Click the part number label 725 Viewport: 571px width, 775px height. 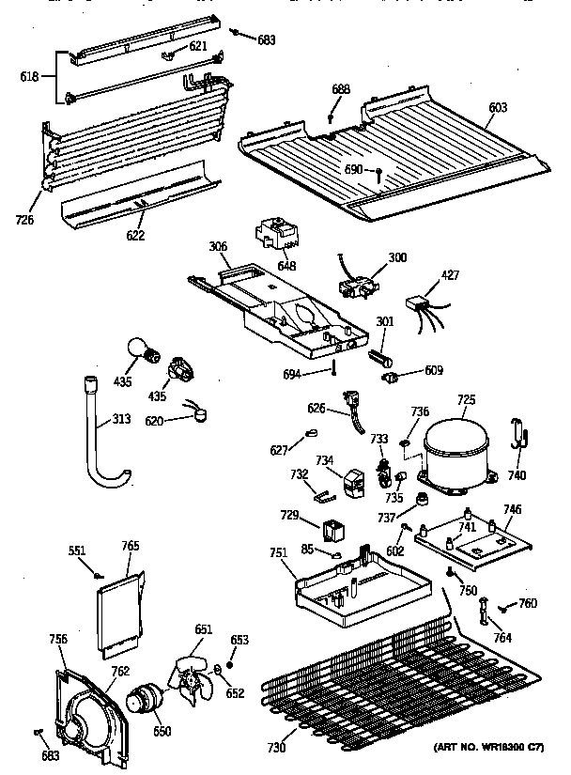tap(467, 400)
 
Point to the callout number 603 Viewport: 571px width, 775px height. tap(497, 108)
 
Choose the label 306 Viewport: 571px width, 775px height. tap(218, 246)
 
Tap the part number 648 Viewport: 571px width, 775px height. tap(286, 266)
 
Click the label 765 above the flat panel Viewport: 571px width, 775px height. tap(131, 546)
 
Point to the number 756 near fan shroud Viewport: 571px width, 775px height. tap(58, 639)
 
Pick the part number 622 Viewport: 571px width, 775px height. tap(135, 235)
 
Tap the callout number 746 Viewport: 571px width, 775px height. tap(512, 510)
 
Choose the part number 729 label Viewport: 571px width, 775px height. tap(290, 516)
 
